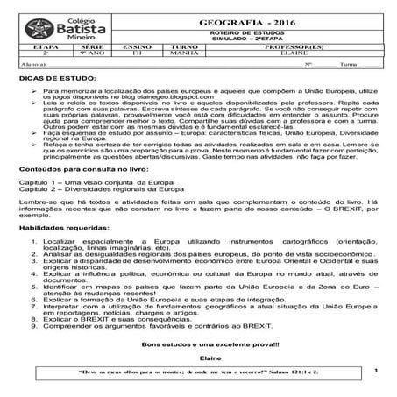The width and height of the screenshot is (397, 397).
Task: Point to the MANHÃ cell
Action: pyautogui.click(x=184, y=53)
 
